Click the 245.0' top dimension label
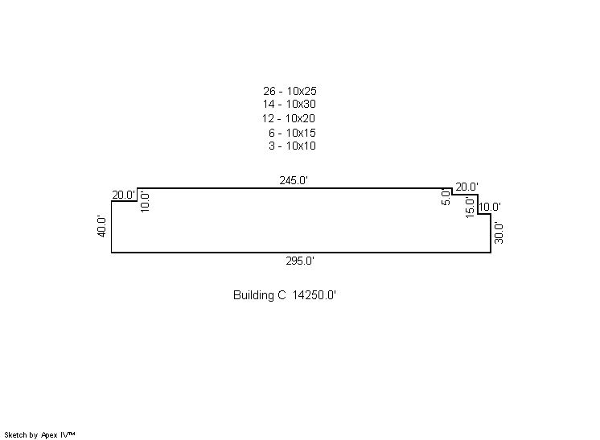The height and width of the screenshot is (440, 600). tap(294, 180)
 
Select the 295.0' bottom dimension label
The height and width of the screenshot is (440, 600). tap(300, 261)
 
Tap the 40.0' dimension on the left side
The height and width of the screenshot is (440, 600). tap(101, 226)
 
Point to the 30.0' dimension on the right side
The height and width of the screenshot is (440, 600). tap(498, 232)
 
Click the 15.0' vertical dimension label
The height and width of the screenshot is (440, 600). tap(470, 207)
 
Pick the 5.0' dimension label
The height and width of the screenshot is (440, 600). tap(446, 197)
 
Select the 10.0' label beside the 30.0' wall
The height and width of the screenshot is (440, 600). tap(490, 207)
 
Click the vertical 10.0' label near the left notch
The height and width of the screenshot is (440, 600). tap(145, 202)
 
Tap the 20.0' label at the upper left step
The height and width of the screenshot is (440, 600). tap(124, 195)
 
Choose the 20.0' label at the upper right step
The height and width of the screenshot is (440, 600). tap(466, 187)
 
